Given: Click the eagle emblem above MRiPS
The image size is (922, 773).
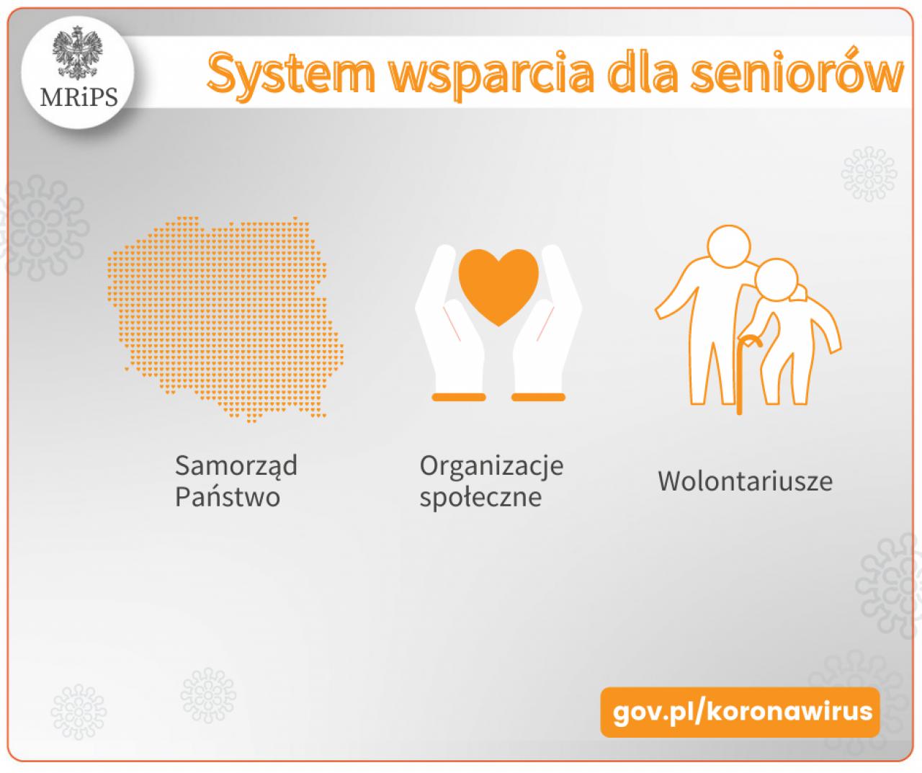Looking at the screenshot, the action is pos(77,53).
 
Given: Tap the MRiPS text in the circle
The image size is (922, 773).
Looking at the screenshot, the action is pos(79,97).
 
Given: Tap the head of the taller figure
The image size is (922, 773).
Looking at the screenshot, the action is pos(728,247).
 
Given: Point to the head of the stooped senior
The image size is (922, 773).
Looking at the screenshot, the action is pos(776,280).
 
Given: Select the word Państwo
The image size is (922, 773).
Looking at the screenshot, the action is pos(228,496).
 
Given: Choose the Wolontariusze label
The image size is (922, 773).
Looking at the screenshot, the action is pos(746,481).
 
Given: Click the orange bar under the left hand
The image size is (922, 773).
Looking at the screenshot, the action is pos(459,397).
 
